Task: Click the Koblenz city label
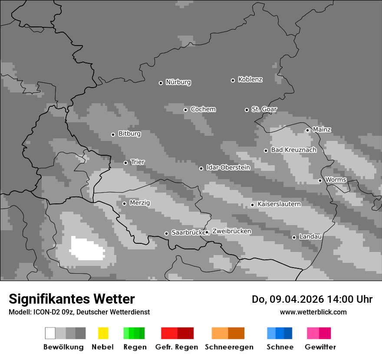250,79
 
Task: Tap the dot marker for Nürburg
161,83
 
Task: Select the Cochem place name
203,109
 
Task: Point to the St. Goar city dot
247,110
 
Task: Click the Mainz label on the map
322,129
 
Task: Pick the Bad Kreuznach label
293,150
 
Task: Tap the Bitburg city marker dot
113,134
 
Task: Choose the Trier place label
138,162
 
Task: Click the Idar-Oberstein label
228,167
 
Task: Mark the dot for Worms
320,180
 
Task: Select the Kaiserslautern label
279,204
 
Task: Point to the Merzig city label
140,203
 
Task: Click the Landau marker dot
294,237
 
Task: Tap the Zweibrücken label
231,231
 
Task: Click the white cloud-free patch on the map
87,249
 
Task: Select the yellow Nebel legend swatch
103,333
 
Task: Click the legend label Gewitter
320,347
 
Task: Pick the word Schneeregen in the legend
229,347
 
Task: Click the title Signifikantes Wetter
72,299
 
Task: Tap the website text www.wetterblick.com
313,312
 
